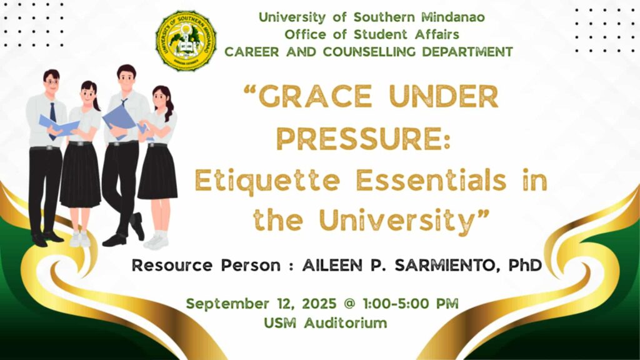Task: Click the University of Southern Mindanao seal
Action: click(x=186, y=41)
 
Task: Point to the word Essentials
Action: click(x=431, y=180)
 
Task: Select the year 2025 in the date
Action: click(x=319, y=304)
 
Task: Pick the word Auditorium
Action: click(x=345, y=323)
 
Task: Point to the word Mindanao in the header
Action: click(x=453, y=17)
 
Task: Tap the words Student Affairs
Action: click(x=406, y=34)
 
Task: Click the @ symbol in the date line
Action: click(x=349, y=304)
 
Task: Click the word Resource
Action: click(x=172, y=266)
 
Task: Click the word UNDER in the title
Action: click(x=443, y=97)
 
